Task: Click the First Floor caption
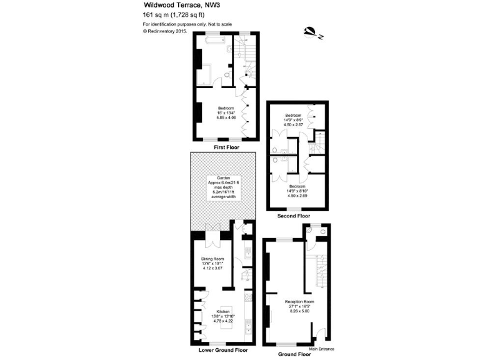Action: click(x=226, y=148)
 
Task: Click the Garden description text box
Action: click(x=223, y=187)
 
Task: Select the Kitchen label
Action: click(x=223, y=311)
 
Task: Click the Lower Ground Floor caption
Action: click(x=224, y=350)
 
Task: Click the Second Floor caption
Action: click(x=294, y=216)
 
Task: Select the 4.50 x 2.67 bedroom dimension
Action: click(x=294, y=125)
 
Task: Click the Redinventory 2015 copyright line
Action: click(x=165, y=30)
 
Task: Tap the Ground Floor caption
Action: click(x=294, y=354)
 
